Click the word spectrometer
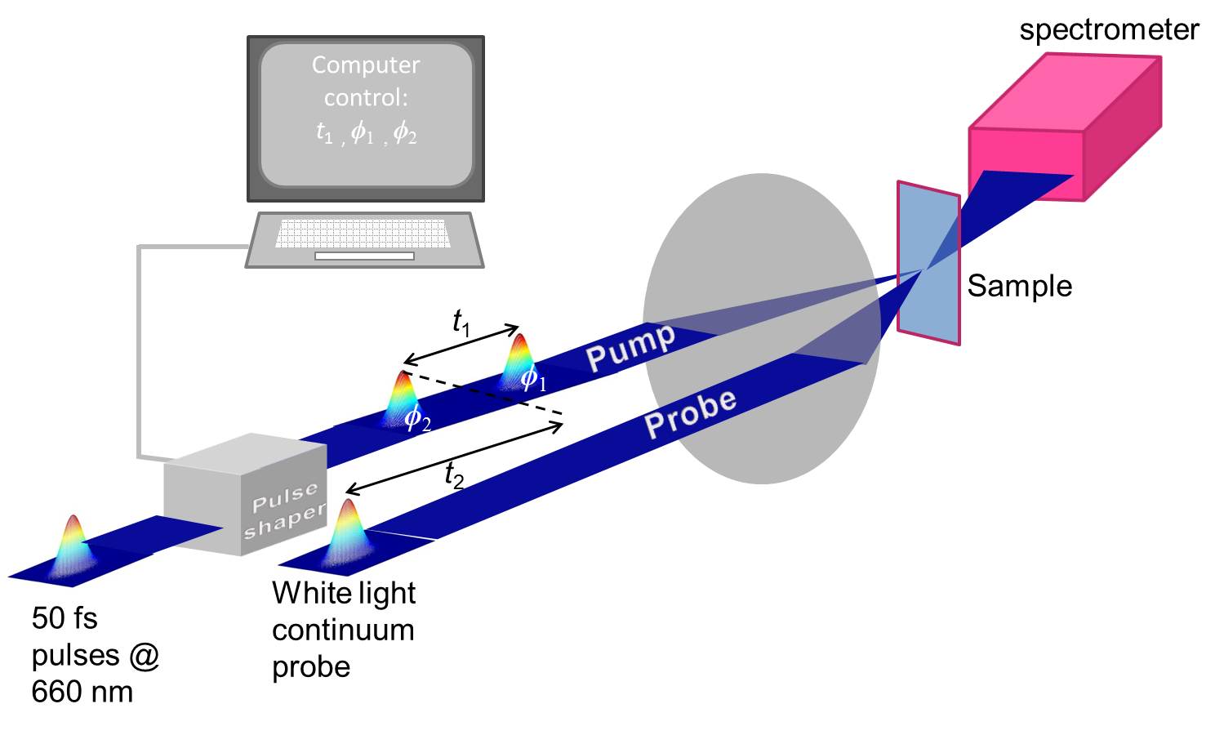(1109, 30)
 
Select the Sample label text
(1020, 286)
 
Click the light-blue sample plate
(928, 263)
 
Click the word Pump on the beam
(630, 348)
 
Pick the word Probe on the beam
(691, 414)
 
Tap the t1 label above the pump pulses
(461, 323)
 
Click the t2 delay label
(454, 475)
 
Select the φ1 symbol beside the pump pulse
(533, 378)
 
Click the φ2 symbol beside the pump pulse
(417, 418)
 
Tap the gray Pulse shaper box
(245, 494)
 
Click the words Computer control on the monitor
(366, 82)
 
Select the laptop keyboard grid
(363, 234)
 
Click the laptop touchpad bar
(364, 256)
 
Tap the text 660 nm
(82, 692)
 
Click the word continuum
(343, 630)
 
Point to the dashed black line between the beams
(483, 393)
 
